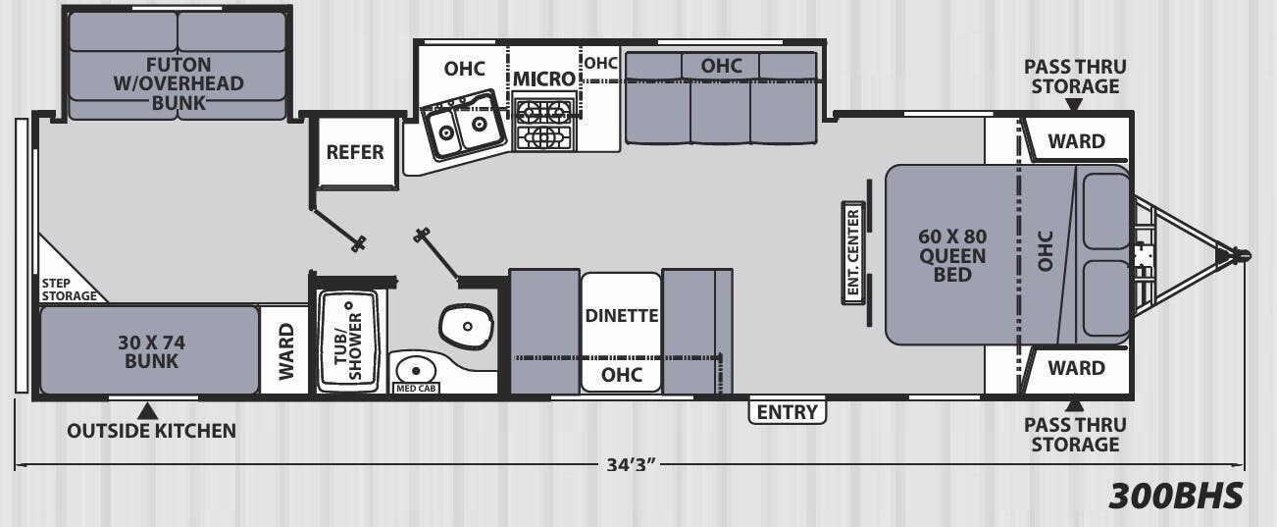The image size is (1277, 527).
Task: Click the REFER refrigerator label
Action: (355, 152)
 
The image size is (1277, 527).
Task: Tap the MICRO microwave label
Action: (544, 79)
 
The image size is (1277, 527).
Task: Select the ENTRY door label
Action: (787, 411)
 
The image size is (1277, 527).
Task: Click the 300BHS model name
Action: (1176, 496)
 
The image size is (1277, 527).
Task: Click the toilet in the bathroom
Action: (466, 326)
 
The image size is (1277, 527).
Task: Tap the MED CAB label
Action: (416, 389)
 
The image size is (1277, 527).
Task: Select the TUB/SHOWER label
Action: (348, 346)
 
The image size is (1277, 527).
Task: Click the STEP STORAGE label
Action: (69, 290)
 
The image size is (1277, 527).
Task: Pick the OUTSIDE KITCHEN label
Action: (152, 431)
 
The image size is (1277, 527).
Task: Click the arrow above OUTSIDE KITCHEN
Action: (148, 410)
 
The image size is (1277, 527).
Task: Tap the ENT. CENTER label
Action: (853, 252)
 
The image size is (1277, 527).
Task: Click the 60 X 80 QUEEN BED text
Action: (952, 255)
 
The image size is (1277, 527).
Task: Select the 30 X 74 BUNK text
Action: (152, 351)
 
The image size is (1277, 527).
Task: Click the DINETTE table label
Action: (622, 315)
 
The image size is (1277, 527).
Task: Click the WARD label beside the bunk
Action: (286, 351)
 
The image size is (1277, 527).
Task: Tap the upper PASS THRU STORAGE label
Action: (1075, 77)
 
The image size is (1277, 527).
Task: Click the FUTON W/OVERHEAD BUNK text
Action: (179, 83)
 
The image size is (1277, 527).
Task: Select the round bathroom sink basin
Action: (416, 370)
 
